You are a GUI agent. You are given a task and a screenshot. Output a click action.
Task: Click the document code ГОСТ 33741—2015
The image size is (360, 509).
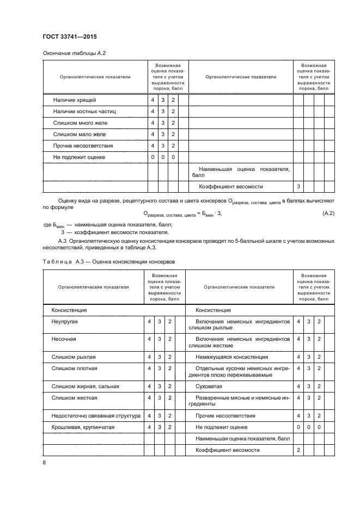coord(66,37)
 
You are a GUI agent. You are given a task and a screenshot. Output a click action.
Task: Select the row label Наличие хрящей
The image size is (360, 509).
coord(75,100)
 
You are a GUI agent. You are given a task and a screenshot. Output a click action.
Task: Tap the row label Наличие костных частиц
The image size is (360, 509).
coord(84,112)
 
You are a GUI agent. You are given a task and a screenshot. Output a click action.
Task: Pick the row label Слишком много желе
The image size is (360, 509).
coord(80,123)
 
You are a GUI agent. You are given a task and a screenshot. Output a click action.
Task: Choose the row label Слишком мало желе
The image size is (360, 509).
coord(79,134)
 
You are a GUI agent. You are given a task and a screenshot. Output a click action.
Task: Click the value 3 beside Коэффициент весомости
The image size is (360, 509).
coord(298,187)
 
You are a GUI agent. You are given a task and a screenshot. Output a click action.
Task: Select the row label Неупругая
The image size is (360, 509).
coord(65,322)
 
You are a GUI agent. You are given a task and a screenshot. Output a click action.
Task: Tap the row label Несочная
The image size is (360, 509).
coord(64,339)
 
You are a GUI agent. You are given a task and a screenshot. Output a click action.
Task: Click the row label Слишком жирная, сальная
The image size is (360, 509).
coord(85,387)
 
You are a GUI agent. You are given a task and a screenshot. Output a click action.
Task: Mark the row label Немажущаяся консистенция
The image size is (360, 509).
coord(231,357)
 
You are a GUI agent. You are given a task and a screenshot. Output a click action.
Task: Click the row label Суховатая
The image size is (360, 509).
coord(209,387)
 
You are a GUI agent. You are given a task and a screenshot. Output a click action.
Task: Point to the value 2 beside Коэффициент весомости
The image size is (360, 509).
coord(298,450)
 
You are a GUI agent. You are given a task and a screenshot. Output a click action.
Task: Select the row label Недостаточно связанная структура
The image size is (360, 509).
coord(95,416)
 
